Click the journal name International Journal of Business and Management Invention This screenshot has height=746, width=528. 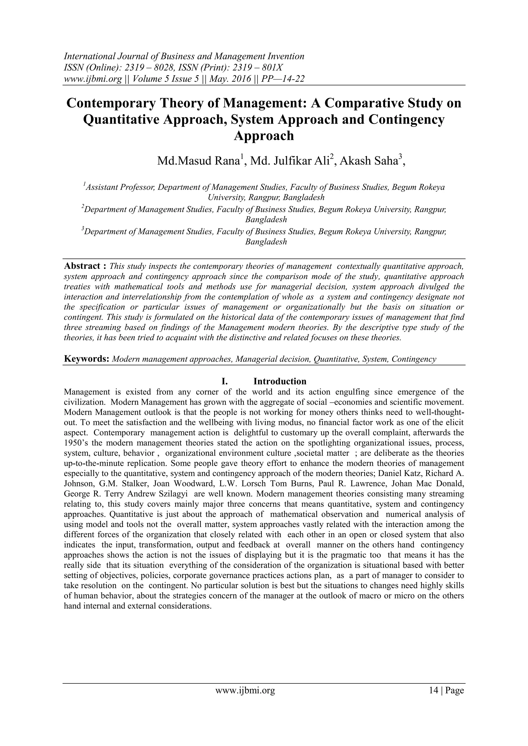tap(184, 56)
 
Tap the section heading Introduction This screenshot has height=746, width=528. tap(280, 381)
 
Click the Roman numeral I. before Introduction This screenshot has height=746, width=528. tap(224, 381)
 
